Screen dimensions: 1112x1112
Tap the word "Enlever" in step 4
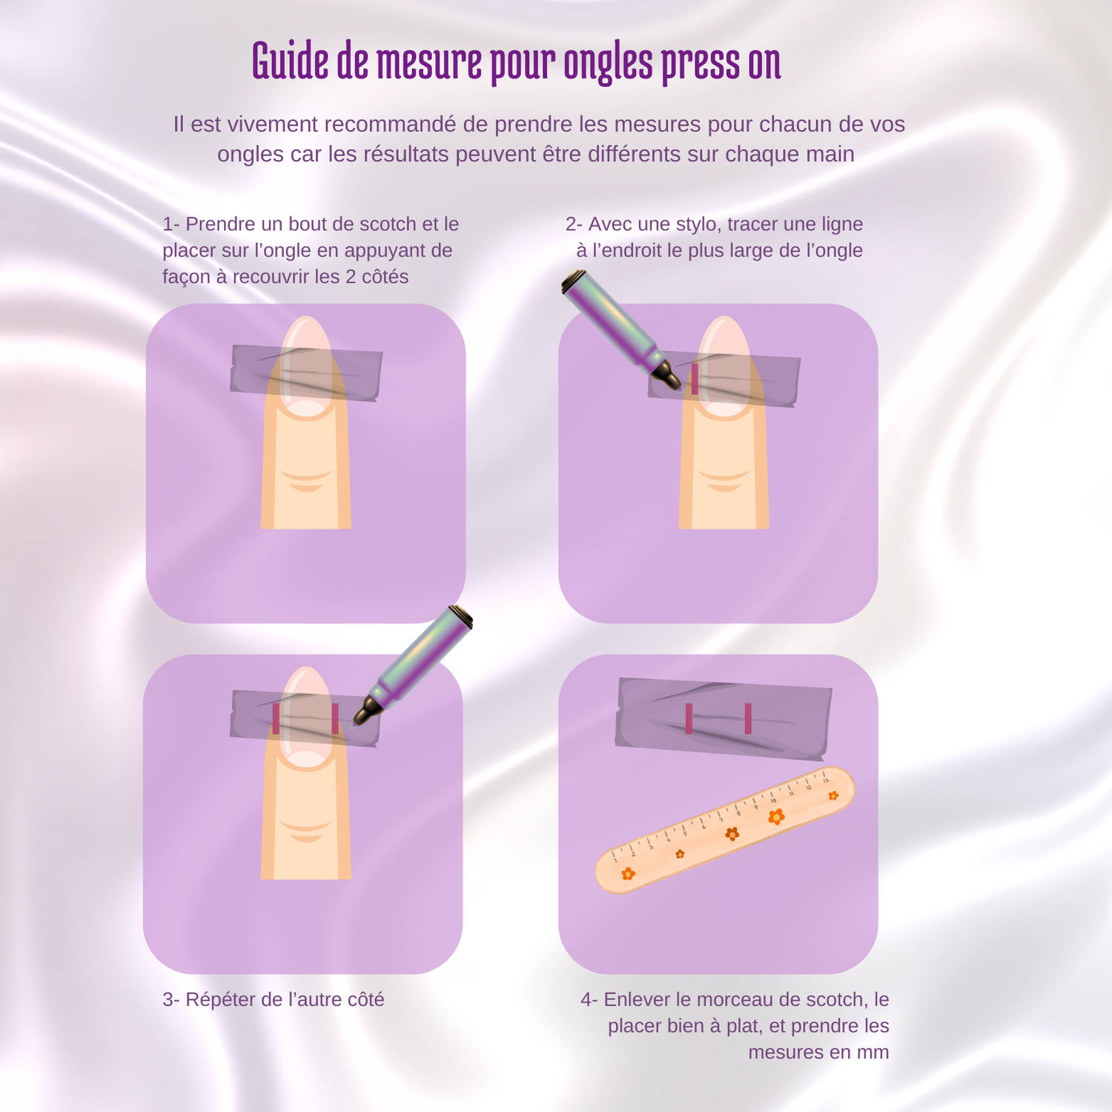(637, 999)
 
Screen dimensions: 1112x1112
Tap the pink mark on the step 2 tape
(695, 379)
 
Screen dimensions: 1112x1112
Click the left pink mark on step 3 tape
(276, 719)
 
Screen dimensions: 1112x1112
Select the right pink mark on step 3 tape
(335, 719)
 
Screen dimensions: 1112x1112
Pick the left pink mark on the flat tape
(689, 718)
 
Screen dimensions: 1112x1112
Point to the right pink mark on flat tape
(748, 718)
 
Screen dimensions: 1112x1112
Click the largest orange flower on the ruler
(776, 816)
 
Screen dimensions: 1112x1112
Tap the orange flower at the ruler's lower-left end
(629, 874)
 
